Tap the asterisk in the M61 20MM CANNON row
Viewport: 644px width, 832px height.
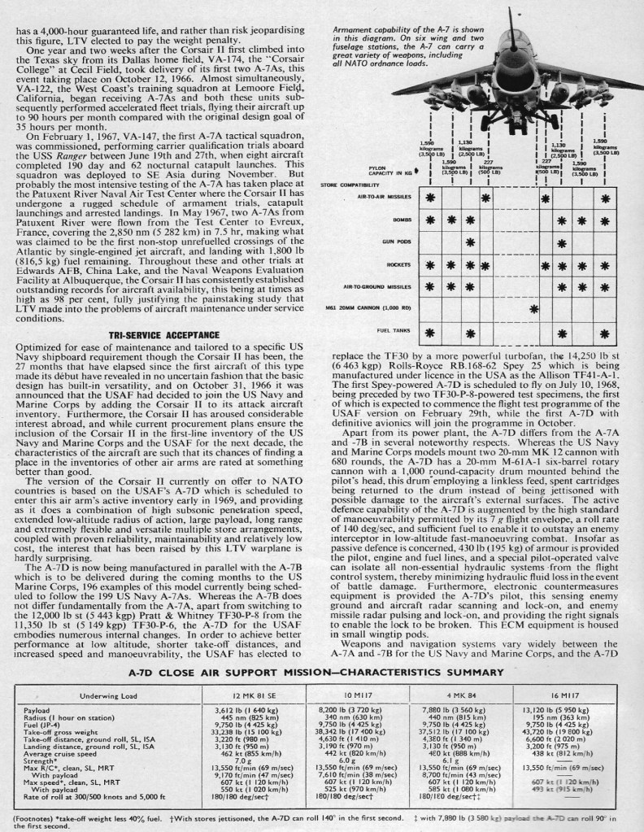(533, 309)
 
